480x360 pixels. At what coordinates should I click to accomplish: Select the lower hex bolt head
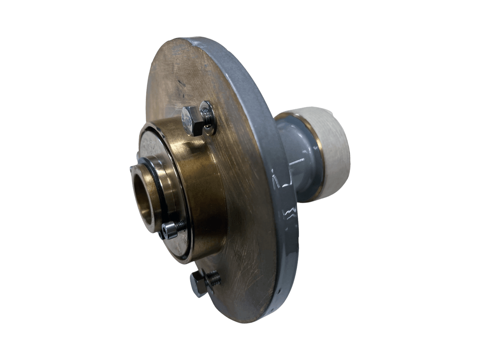point(198,284)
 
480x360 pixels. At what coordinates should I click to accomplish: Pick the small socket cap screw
point(170,231)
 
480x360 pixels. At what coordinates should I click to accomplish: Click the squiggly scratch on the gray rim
point(290,212)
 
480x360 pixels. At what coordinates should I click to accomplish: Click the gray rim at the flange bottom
point(280,304)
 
